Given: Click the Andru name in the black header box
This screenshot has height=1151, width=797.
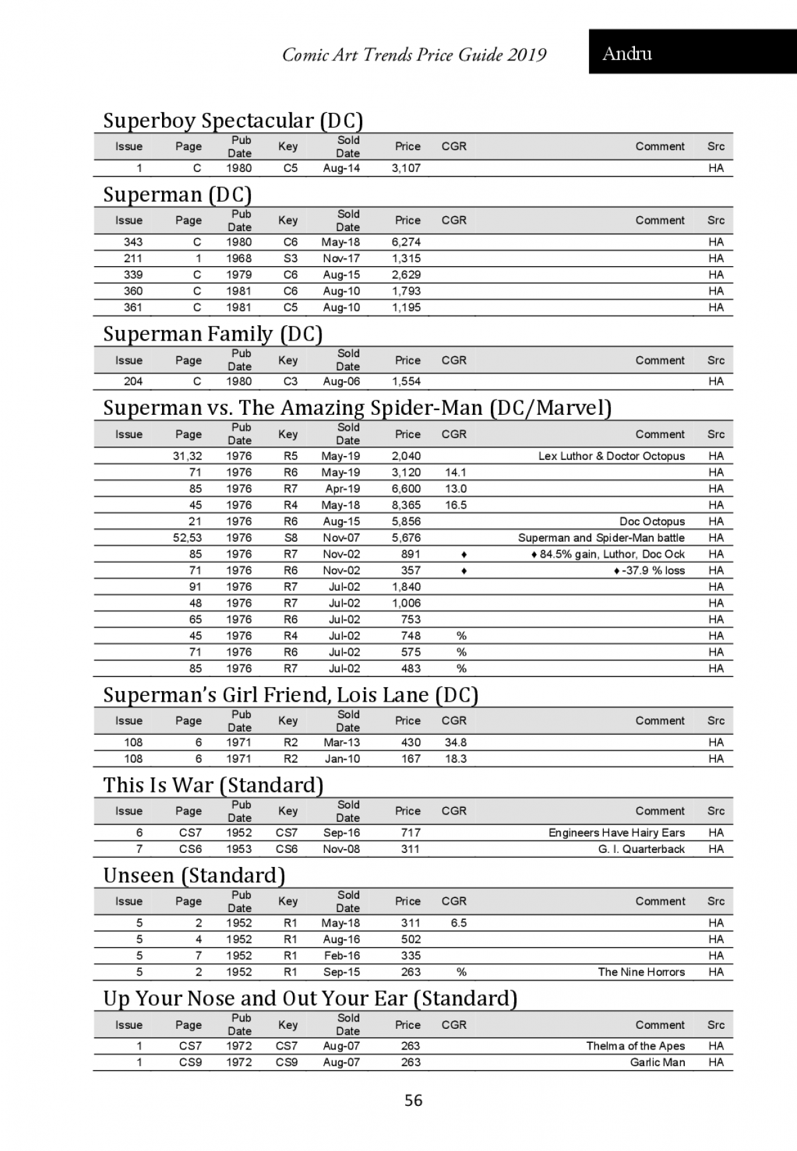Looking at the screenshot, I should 627,54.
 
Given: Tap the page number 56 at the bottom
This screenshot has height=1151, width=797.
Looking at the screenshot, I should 413,1101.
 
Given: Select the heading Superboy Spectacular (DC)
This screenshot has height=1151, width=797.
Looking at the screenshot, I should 233,121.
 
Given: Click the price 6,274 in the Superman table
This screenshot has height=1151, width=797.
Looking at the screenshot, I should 406,242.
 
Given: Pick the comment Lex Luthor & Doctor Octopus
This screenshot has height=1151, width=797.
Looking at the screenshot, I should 611,456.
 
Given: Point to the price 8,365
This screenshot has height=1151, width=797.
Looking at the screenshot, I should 406,505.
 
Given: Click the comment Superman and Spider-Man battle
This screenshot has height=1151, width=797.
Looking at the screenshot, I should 601,538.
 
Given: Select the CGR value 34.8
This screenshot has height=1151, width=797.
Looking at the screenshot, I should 456,743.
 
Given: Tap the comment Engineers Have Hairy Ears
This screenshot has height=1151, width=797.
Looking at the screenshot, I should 616,833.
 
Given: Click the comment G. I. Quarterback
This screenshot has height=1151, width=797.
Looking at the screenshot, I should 641,849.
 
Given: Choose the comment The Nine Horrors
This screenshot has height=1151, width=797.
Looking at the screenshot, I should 641,972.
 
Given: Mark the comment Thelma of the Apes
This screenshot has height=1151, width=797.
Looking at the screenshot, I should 635,1046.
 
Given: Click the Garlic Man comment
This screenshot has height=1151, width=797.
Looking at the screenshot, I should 657,1063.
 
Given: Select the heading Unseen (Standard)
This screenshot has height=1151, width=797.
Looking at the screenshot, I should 194,876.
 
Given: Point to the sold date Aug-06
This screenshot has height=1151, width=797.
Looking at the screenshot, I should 341,382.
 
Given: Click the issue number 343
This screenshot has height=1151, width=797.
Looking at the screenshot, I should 133,242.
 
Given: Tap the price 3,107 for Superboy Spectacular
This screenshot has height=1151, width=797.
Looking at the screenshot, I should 406,169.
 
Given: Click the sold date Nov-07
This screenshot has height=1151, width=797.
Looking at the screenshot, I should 341,538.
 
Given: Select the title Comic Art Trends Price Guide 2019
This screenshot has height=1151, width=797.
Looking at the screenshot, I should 414,54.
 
